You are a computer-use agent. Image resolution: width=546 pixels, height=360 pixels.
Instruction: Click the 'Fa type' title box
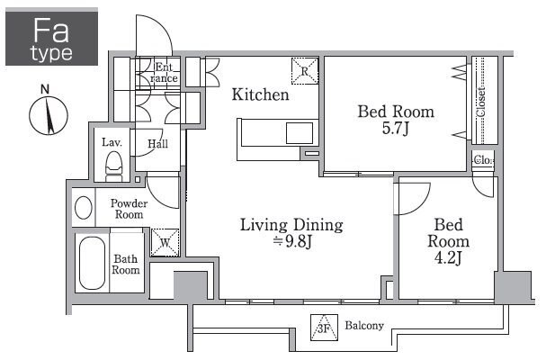point(51,38)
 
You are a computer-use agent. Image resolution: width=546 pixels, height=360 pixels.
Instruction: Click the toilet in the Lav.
point(114,166)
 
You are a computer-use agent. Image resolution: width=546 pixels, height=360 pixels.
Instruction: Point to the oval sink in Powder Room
point(84,208)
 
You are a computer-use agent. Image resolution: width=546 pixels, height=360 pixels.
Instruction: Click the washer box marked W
point(165,243)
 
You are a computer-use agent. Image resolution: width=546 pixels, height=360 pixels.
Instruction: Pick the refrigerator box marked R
point(305,71)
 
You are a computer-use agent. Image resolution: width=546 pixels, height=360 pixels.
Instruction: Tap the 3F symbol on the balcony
point(324,328)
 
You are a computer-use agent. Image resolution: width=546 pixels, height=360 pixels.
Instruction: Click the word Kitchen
point(261,94)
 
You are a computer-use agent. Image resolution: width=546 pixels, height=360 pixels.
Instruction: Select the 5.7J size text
point(395,128)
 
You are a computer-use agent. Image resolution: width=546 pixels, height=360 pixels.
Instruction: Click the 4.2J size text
point(448,258)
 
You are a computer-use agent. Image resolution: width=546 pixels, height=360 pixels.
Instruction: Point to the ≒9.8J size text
point(291,241)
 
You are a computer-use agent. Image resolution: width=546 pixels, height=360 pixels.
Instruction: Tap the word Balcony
point(364,326)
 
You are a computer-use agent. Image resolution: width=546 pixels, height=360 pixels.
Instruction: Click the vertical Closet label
point(481,102)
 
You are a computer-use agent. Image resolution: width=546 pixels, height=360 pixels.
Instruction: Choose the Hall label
point(157,144)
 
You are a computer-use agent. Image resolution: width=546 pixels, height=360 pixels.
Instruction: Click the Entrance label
point(164,73)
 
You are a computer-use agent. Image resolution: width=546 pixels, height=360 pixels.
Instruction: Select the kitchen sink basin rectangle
point(300,133)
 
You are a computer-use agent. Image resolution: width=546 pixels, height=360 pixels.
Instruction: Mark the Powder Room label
point(129,209)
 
